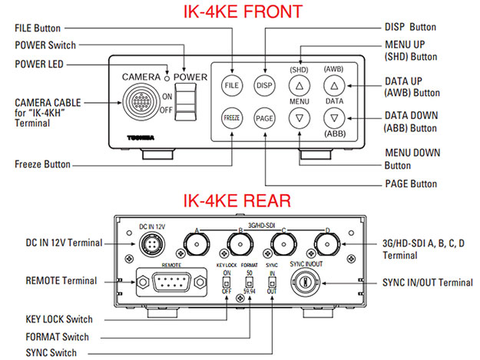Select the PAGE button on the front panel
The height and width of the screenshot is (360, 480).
[265, 119]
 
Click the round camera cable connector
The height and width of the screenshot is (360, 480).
[141, 103]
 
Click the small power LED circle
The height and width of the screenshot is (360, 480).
[166, 77]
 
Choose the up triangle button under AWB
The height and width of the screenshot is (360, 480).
[335, 86]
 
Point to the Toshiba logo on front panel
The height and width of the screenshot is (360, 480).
[142, 138]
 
